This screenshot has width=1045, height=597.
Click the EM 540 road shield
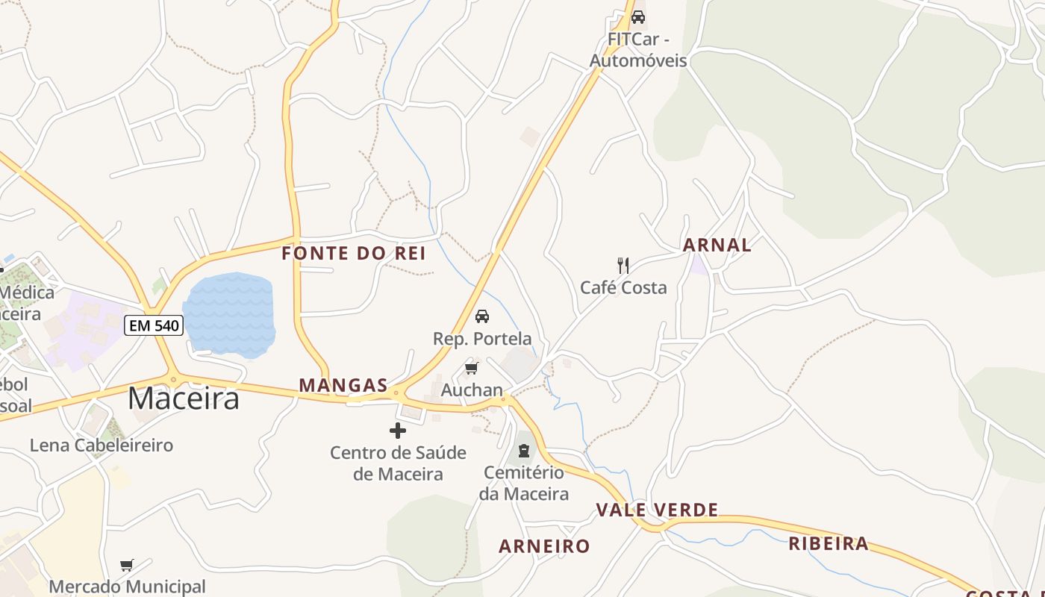154,325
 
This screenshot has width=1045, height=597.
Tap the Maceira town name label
184,398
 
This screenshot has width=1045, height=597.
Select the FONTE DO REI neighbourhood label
354,254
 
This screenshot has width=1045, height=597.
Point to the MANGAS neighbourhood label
343,386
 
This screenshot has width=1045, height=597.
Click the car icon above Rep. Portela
482,316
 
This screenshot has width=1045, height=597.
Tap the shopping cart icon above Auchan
471,369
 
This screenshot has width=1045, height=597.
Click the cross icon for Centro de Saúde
398,431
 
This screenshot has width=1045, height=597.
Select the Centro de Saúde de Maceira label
398,463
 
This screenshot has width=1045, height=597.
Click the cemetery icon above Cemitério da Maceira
524,451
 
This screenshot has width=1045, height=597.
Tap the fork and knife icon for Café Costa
623,265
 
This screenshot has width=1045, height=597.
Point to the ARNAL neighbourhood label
717,245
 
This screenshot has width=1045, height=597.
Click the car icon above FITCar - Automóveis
638,16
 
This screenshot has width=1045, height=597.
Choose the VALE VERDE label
657,510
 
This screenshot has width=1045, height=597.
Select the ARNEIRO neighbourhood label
544,546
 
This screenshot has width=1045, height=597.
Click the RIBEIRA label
829,544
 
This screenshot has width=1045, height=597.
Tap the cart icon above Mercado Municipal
127,566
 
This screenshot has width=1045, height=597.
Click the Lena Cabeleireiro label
102,446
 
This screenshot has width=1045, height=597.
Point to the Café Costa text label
623,288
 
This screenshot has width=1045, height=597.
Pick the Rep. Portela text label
482,339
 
